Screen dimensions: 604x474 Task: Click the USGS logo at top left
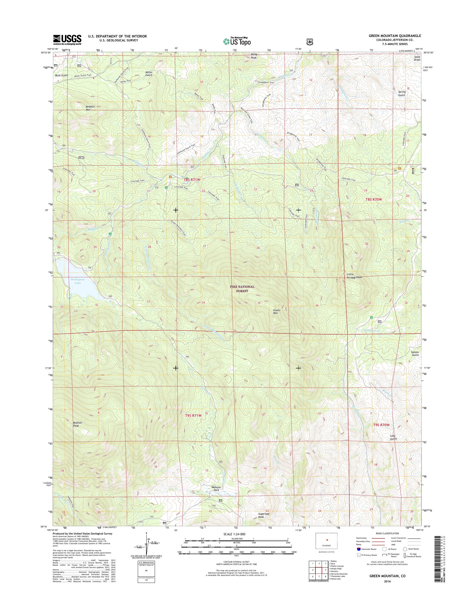click(67, 40)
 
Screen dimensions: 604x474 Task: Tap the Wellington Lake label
click(77, 281)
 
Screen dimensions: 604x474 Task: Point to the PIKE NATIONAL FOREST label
click(242, 288)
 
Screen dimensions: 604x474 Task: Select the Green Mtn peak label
click(276, 312)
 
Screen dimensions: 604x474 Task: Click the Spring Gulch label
click(402, 93)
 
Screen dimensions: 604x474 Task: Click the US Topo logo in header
click(237, 41)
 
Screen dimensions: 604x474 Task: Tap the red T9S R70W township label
click(382, 432)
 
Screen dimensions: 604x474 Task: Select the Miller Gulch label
click(149, 73)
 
